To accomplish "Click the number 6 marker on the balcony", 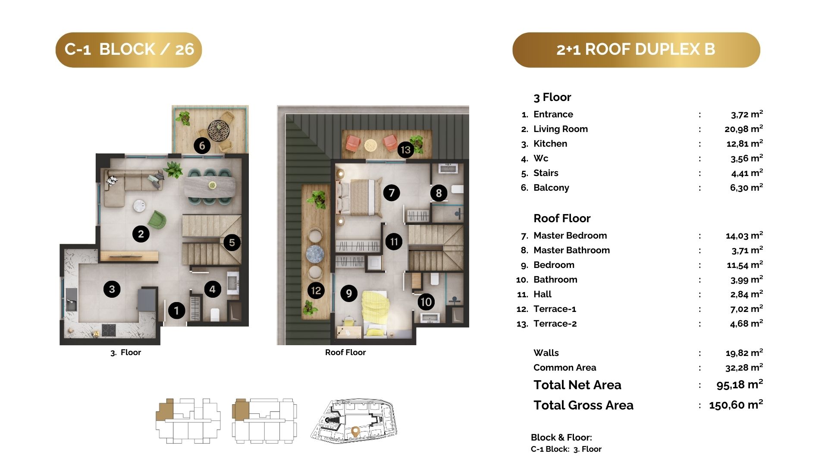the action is click(202, 145).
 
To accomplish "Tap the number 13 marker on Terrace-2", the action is click(405, 150).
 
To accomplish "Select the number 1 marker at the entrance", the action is click(176, 310).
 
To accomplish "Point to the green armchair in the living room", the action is click(157, 220).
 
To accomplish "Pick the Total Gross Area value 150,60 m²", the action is click(736, 405).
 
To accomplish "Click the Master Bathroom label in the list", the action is click(571, 250).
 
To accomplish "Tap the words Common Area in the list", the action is click(565, 368).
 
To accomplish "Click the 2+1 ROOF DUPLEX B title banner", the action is click(636, 50).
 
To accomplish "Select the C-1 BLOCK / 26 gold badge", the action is click(129, 50).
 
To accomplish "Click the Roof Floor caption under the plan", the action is click(345, 352).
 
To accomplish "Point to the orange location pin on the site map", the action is click(355, 431).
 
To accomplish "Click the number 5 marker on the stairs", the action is click(232, 242).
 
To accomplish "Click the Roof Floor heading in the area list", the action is click(562, 218).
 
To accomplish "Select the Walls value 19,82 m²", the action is click(744, 353).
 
